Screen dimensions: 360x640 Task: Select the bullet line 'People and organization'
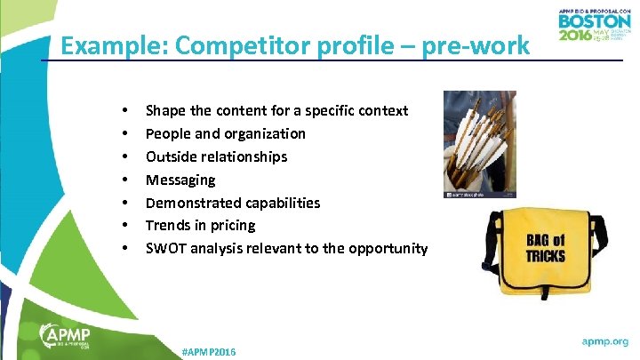pyautogui.click(x=225, y=133)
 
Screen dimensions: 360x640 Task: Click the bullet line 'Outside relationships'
pyautogui.click(x=216, y=156)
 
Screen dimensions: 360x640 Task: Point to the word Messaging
pyautogui.click(x=180, y=180)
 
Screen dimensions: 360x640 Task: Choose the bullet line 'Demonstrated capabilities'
pyautogui.click(x=233, y=203)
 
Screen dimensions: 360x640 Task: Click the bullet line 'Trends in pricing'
pyautogui.click(x=200, y=225)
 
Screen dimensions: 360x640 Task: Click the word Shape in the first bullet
pyautogui.click(x=165, y=110)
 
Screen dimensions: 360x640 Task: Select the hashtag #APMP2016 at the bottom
pyautogui.click(x=208, y=352)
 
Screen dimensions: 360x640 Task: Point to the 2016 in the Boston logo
pyautogui.click(x=576, y=36)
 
